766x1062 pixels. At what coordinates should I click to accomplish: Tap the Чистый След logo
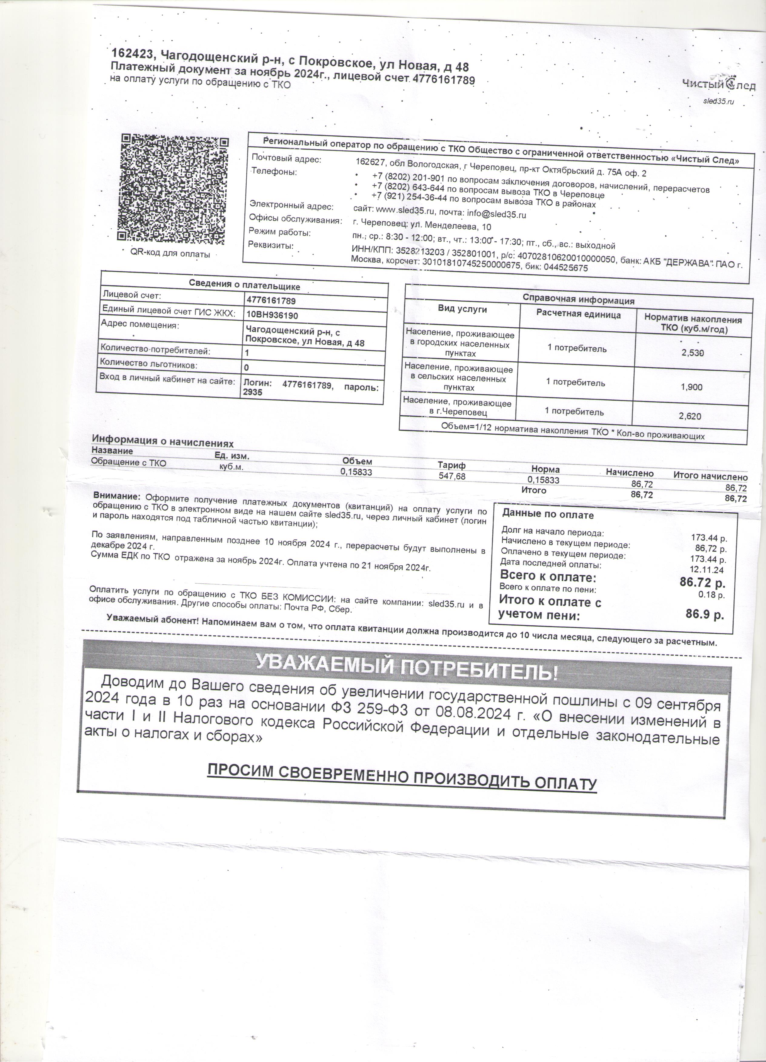tap(718, 85)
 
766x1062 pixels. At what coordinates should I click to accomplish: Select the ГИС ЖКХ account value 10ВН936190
tap(272, 315)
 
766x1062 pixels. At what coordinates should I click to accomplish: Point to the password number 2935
tap(252, 392)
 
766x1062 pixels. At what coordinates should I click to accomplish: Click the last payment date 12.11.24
tap(707, 570)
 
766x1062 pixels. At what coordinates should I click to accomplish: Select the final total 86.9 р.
tap(704, 614)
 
